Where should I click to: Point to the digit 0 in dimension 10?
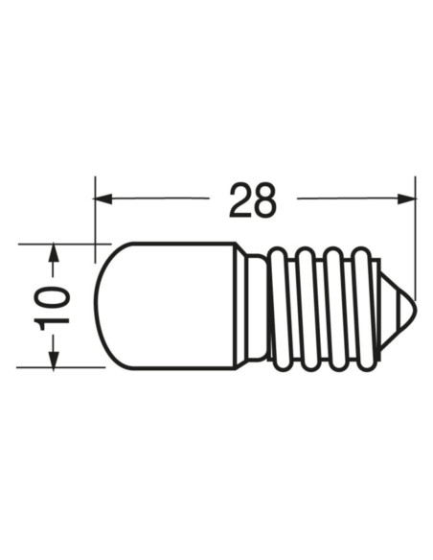[x=56, y=294]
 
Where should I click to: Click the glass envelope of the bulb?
[x=168, y=305]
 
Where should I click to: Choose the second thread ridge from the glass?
[x=304, y=307]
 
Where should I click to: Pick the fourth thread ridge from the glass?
[x=360, y=307]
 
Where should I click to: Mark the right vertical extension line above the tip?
[x=416, y=240]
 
